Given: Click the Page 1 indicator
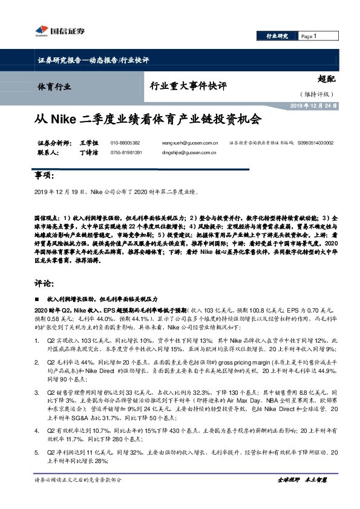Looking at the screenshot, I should tap(309, 36).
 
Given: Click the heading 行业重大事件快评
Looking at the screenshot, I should tap(188, 86).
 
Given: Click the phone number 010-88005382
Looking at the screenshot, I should tap(125, 143).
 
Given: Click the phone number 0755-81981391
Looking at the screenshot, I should tap(126, 153).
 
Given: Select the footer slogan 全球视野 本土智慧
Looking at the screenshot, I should tap(303, 497).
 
